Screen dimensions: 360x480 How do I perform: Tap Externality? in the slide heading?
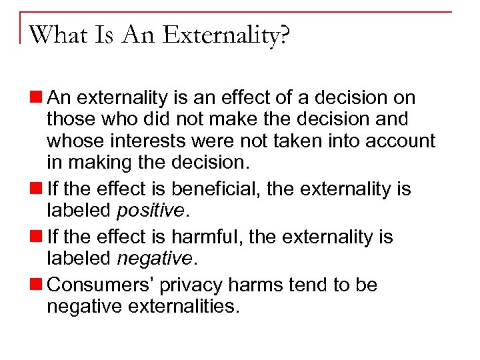point(226,34)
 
